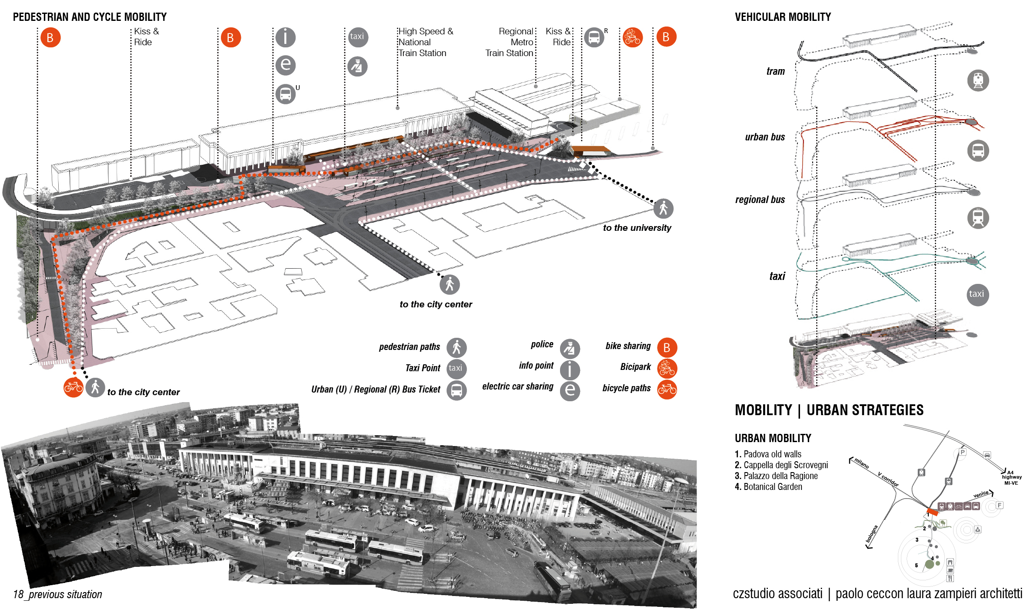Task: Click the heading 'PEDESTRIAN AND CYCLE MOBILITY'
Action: click(x=90, y=17)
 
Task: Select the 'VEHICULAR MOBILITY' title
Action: click(x=783, y=17)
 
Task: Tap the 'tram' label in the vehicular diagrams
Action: click(x=775, y=71)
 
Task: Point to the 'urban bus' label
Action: click(x=765, y=137)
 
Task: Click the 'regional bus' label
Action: click(x=760, y=200)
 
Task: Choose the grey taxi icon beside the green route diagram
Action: click(x=977, y=294)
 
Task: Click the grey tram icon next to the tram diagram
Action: click(x=978, y=80)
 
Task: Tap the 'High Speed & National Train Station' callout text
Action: click(x=425, y=42)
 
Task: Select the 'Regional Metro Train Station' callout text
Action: click(x=510, y=42)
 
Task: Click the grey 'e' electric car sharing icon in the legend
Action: click(x=570, y=390)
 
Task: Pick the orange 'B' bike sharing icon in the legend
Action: click(x=667, y=348)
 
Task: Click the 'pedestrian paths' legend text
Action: click(x=409, y=347)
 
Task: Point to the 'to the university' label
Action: click(x=637, y=228)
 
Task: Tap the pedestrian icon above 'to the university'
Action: click(x=663, y=209)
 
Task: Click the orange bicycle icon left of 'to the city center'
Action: click(x=73, y=387)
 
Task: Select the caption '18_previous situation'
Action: click(x=57, y=594)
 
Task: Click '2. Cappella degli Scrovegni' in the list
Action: click(x=781, y=465)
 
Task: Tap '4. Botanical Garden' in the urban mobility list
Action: click(x=768, y=487)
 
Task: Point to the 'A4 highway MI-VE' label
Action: click(x=1012, y=477)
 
